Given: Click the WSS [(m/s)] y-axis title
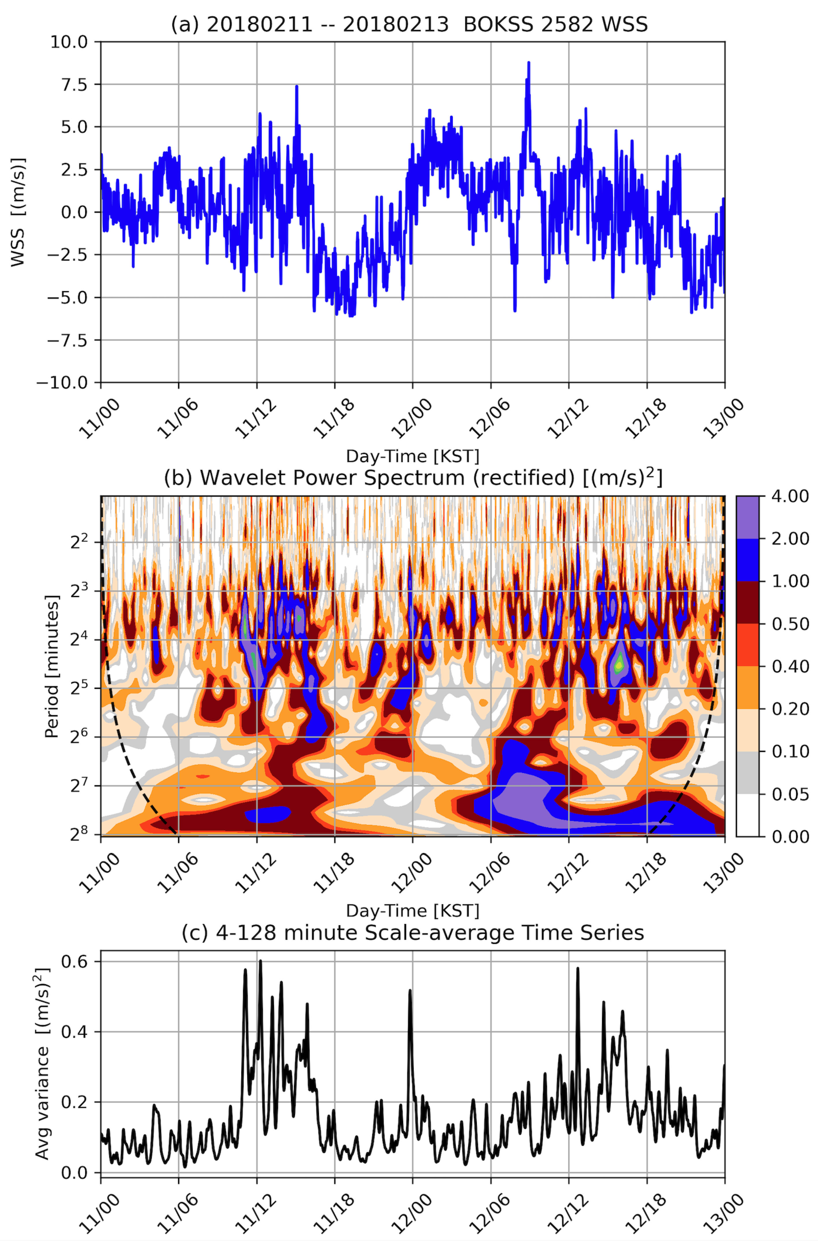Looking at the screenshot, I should pos(18,212).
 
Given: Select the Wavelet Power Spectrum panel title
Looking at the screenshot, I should pos(413,478).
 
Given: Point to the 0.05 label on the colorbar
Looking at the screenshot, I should pos(791,794).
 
